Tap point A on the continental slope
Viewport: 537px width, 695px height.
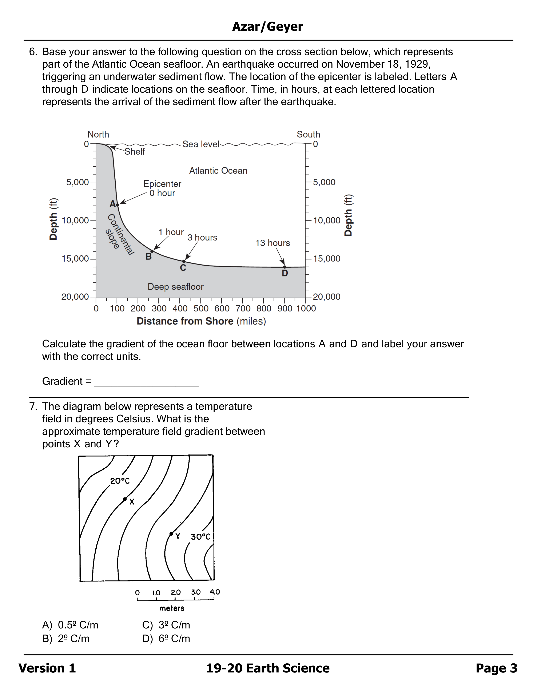[117, 205]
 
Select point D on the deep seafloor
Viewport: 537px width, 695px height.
[285, 267]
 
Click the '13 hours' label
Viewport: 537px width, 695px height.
[273, 243]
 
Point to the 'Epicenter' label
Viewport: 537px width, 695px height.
[162, 184]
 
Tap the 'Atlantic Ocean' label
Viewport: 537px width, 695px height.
[218, 171]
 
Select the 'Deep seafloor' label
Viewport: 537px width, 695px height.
[176, 287]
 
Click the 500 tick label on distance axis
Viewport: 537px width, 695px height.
[201, 308]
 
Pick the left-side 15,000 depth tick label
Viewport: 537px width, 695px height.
[75, 259]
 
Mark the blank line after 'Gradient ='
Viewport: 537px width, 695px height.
[147, 382]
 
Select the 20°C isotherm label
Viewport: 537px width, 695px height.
[120, 481]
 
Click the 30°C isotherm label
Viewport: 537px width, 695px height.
[201, 537]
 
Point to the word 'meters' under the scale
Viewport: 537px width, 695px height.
[172, 608]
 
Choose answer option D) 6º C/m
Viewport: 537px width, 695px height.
[166, 639]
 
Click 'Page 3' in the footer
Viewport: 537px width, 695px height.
[496, 668]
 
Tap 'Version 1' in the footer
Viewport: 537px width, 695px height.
[47, 668]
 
